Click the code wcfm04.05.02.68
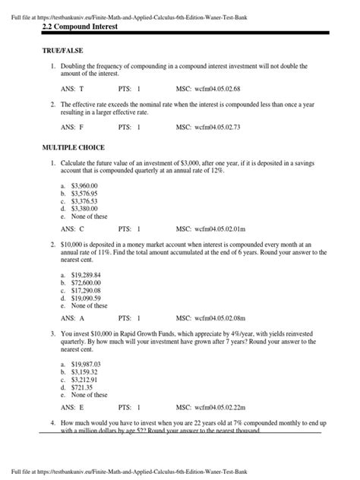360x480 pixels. click(223, 88)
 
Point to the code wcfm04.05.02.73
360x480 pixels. click(223, 127)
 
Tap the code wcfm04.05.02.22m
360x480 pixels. click(224, 408)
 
